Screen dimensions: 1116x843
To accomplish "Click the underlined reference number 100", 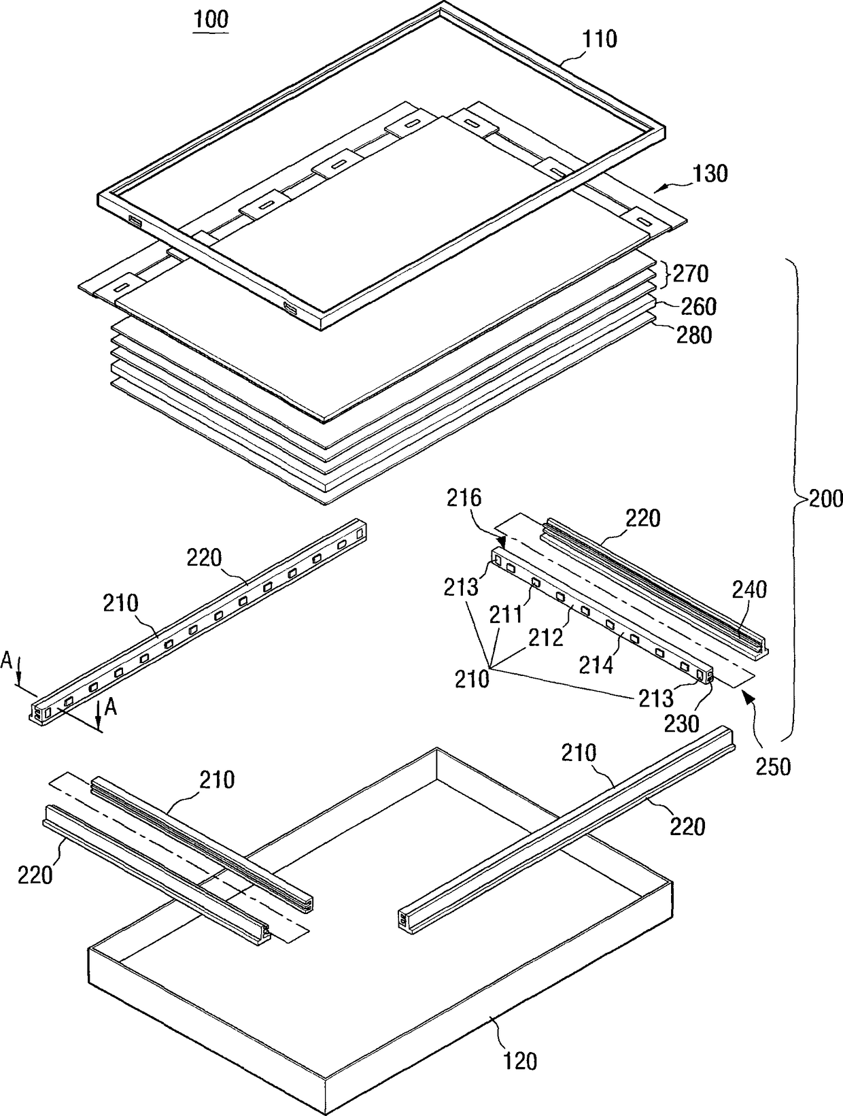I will click(x=211, y=19).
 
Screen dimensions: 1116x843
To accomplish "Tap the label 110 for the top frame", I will click(x=600, y=39).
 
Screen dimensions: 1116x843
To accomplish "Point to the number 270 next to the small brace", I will click(x=691, y=274).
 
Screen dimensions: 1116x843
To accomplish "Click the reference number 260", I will click(x=699, y=307).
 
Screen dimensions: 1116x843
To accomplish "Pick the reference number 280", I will click(x=693, y=335).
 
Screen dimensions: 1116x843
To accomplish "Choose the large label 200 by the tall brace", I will click(x=825, y=498).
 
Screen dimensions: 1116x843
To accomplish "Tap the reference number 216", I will click(x=464, y=498).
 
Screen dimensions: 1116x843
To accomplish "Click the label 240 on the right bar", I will click(x=749, y=589).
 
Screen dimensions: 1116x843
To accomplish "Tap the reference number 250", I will click(x=774, y=766).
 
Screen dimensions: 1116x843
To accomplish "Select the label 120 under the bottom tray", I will click(x=520, y=1060).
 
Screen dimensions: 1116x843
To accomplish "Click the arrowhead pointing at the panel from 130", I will click(x=657, y=191).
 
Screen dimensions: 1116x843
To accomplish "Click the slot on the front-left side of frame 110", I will click(x=134, y=221).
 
